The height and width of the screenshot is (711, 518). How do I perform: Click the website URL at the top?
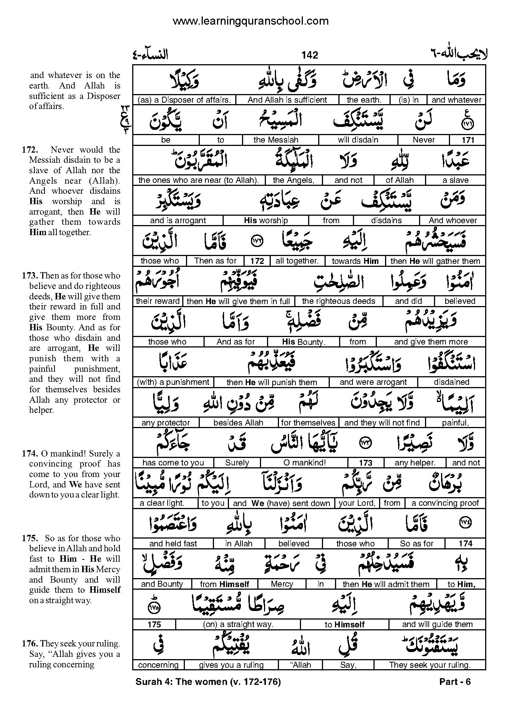[251, 21]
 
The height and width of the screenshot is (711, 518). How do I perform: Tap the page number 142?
[310, 55]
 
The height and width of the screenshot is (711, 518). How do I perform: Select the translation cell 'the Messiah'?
[276, 140]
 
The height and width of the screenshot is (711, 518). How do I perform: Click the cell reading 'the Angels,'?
[293, 180]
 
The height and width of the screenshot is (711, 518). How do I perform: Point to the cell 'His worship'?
[266, 221]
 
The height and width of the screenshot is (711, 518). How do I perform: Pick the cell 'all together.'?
[297, 261]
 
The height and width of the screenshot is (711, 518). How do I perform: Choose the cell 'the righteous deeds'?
[338, 301]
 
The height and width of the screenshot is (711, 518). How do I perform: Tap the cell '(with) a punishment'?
[173, 382]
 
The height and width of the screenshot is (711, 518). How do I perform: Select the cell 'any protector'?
[165, 422]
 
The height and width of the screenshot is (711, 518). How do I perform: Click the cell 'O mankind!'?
[304, 463]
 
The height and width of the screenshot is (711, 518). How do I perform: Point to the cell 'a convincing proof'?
[445, 503]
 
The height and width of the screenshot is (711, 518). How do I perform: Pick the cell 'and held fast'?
[173, 544]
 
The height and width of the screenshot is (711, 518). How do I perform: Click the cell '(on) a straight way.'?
[238, 624]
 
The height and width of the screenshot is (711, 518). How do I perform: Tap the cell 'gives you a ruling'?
[231, 665]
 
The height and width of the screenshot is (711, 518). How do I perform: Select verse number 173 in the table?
[365, 463]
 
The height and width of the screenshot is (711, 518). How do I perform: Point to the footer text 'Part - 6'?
[455, 682]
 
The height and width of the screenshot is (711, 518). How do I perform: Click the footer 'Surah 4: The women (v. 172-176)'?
[208, 682]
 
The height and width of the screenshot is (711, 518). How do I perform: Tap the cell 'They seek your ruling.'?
[429, 665]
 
